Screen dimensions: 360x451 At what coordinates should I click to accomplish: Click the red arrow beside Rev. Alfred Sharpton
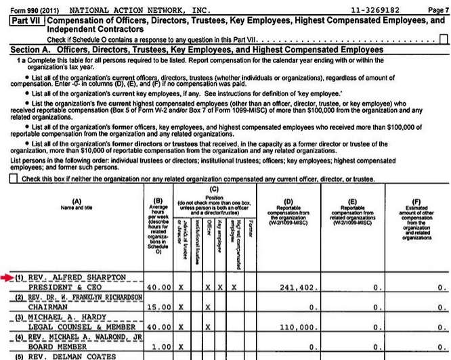tap(7, 277)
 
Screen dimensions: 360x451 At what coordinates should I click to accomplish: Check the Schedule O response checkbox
tap(444, 39)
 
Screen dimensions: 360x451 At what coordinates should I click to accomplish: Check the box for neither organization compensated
tap(14, 179)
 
